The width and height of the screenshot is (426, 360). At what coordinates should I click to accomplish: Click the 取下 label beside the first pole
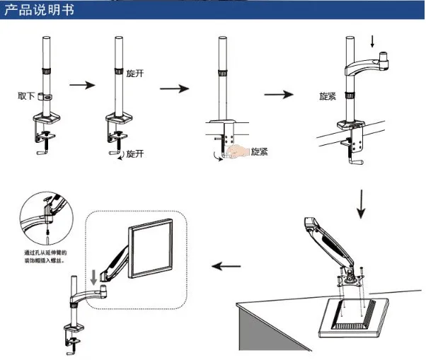tap(27, 95)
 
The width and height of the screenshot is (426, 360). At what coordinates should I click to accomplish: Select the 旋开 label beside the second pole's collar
tap(135, 74)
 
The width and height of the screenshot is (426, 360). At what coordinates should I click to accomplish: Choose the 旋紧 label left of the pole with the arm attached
tap(327, 95)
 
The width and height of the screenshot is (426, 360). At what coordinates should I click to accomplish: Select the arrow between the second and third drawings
tap(173, 88)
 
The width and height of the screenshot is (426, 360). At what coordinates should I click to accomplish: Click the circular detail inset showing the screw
tap(44, 215)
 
